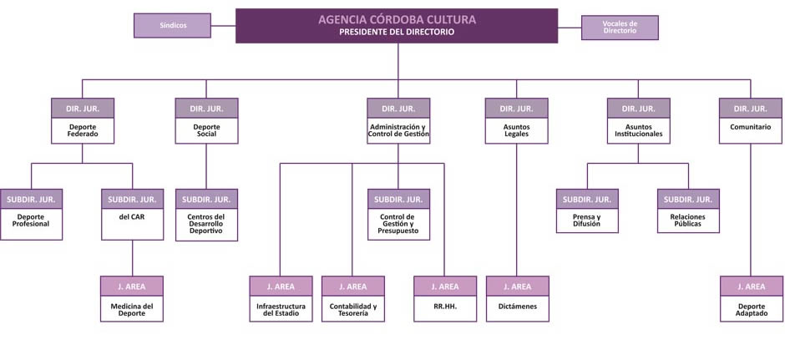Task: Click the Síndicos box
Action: [x=172, y=26]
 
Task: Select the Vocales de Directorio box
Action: [x=620, y=28]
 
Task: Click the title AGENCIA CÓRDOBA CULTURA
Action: [x=397, y=20]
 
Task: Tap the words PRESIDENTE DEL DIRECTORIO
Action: [x=397, y=32]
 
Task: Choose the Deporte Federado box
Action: [x=83, y=120]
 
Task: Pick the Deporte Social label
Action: [x=206, y=130]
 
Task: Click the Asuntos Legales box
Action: [x=517, y=120]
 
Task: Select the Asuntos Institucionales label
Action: [x=638, y=130]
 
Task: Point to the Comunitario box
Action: [x=751, y=120]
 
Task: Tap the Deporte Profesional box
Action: [x=32, y=215]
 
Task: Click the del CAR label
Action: [x=132, y=217]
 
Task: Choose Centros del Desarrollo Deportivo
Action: [x=206, y=224]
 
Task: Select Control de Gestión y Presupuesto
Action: [x=398, y=224]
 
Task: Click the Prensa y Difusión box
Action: [x=587, y=210]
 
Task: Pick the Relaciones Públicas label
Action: [x=688, y=221]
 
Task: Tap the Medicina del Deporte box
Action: [x=132, y=298]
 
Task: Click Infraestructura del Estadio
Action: [x=281, y=309]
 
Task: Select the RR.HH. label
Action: [x=445, y=306]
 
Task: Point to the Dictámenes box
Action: [x=518, y=298]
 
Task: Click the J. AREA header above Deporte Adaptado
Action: [x=752, y=286]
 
